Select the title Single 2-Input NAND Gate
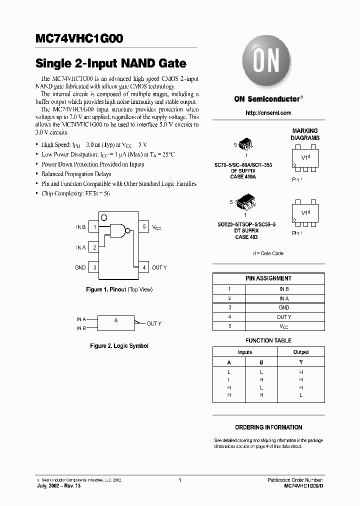(110, 64)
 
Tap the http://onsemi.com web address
(268, 113)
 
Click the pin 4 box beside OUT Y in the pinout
(143, 267)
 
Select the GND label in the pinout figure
(80, 268)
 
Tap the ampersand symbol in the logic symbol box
(116, 320)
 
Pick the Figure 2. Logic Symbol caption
(119, 346)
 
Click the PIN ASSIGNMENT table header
(268, 278)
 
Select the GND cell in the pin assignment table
(284, 307)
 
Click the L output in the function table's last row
(301, 395)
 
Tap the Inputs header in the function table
(245, 352)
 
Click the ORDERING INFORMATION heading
(268, 427)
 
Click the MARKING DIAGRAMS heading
(305, 134)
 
